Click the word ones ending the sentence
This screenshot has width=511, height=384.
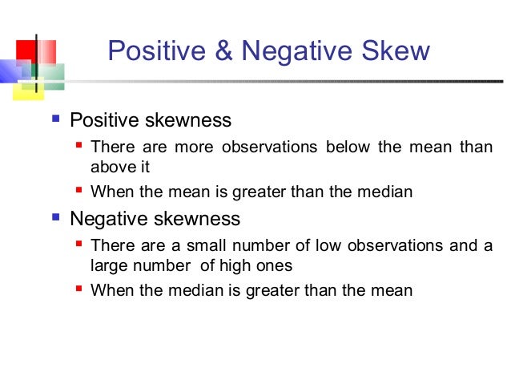pyautogui.click(x=278, y=265)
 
